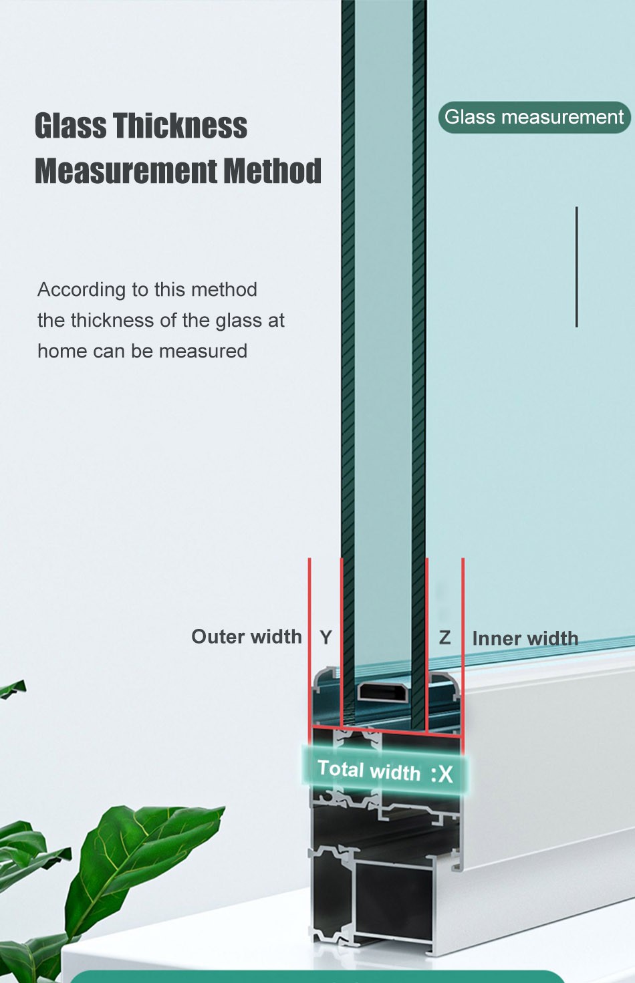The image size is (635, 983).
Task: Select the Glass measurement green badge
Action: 534,118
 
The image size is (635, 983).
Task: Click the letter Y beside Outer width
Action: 326,638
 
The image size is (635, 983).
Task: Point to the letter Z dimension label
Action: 445,638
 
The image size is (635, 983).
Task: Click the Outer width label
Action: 246,637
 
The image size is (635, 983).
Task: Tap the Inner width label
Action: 525,638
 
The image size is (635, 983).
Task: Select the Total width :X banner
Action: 385,771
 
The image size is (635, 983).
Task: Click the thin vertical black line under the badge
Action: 576,267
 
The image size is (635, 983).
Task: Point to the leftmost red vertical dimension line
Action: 309,642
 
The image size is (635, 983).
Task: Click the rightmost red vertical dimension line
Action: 463,642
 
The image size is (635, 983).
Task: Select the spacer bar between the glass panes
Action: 384,692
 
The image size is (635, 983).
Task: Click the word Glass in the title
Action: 70,126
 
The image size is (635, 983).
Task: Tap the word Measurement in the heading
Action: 125,171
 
